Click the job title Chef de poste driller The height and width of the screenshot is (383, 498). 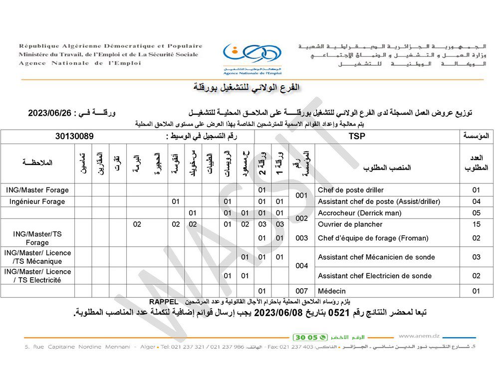351,190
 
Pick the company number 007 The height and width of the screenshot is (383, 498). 301,291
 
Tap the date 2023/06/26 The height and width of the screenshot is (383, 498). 51,113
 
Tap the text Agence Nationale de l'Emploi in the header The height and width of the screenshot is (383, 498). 80,63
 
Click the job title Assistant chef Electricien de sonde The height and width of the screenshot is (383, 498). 375,276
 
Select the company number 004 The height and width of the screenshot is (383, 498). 301,266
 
